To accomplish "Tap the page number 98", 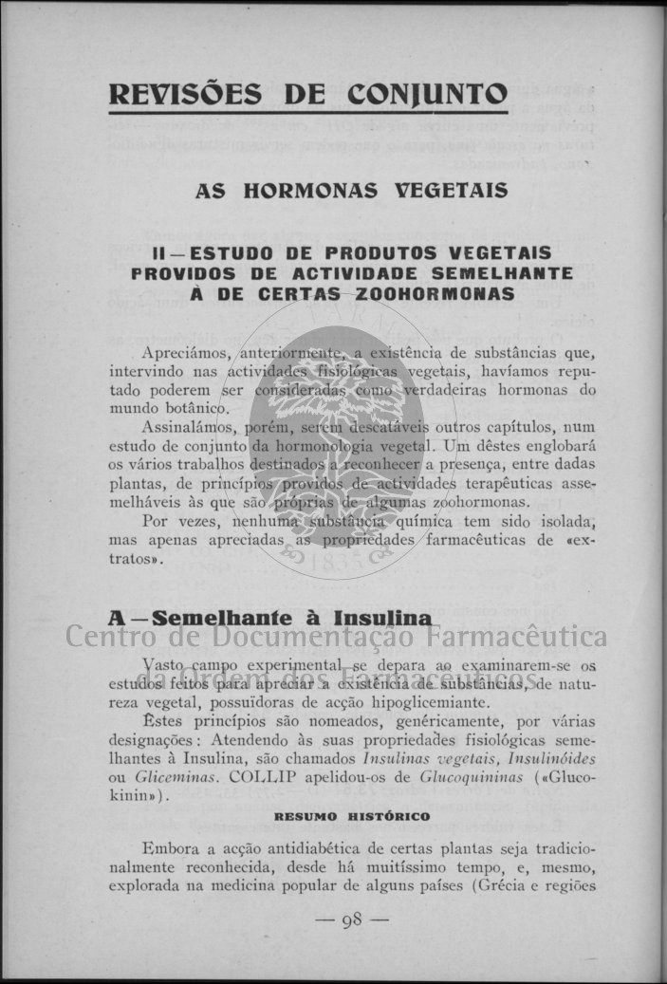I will [x=352, y=920].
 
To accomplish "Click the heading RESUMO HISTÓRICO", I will [x=352, y=816].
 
